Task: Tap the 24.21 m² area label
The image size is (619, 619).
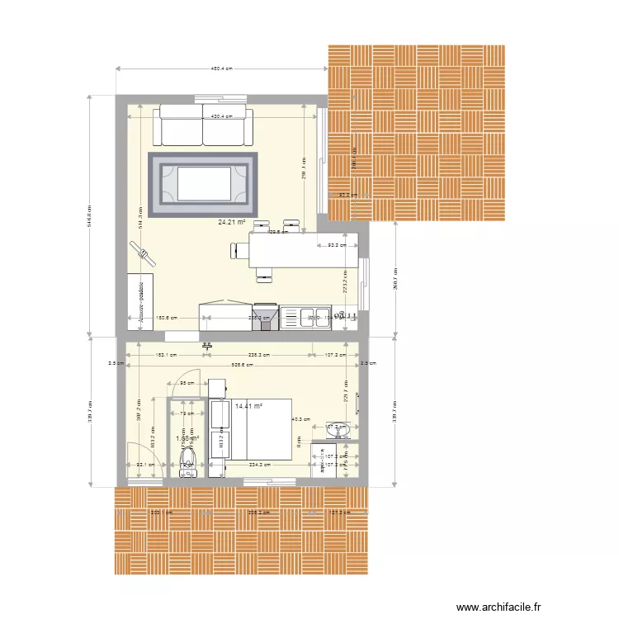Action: pyautogui.click(x=233, y=221)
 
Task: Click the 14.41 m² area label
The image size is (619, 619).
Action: pyautogui.click(x=248, y=406)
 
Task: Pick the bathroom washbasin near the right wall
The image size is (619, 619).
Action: pyautogui.click(x=338, y=430)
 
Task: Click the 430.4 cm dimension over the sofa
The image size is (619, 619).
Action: pyautogui.click(x=221, y=117)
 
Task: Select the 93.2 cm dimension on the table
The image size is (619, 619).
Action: pyautogui.click(x=335, y=246)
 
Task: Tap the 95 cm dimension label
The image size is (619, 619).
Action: pyautogui.click(x=187, y=383)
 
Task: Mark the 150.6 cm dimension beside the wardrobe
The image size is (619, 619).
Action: pyautogui.click(x=167, y=318)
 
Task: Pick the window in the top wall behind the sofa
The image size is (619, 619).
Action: pyautogui.click(x=221, y=101)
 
